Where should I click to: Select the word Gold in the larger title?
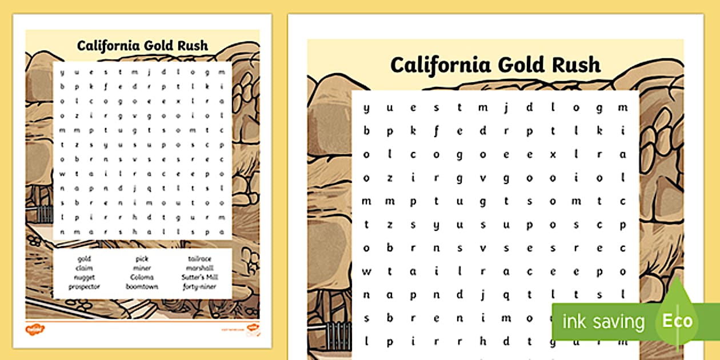tap(519, 64)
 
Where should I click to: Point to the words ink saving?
tap(603, 321)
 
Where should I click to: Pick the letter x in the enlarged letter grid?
tap(552, 154)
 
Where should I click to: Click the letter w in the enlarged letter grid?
tap(366, 271)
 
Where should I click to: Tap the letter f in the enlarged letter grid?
tap(436, 131)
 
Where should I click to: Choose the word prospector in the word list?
tap(85, 286)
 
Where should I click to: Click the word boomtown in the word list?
tap(142, 286)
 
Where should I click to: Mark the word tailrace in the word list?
tap(199, 259)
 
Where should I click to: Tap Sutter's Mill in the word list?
tap(199, 277)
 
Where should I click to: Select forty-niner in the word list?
tap(199, 286)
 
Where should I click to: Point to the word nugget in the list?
tap(85, 277)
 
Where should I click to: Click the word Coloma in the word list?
tap(142, 277)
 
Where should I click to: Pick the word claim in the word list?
tap(85, 268)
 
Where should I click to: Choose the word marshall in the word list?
tap(199, 268)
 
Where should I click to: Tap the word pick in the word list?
tap(142, 259)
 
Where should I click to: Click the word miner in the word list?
tap(142, 268)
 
